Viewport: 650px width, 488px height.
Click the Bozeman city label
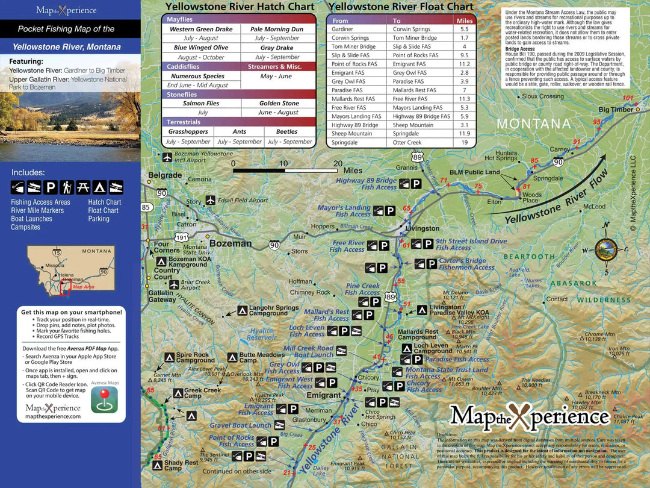231,243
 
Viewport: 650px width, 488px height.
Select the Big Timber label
615,110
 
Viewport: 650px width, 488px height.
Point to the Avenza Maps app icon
104,399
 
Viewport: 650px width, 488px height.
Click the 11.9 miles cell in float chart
464,134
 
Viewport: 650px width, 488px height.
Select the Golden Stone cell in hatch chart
279,103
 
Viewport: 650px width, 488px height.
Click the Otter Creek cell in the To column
407,143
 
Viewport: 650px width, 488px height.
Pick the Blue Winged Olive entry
201,48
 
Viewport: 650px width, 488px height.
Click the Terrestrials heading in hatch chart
184,122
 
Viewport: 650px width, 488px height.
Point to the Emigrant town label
324,395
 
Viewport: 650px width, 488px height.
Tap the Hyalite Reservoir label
261,334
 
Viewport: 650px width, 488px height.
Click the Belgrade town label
164,175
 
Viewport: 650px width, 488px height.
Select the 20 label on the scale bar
338,163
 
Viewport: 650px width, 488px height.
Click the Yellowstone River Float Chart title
401,7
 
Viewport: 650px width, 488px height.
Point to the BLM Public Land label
475,172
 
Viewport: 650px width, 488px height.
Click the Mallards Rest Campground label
418,334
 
